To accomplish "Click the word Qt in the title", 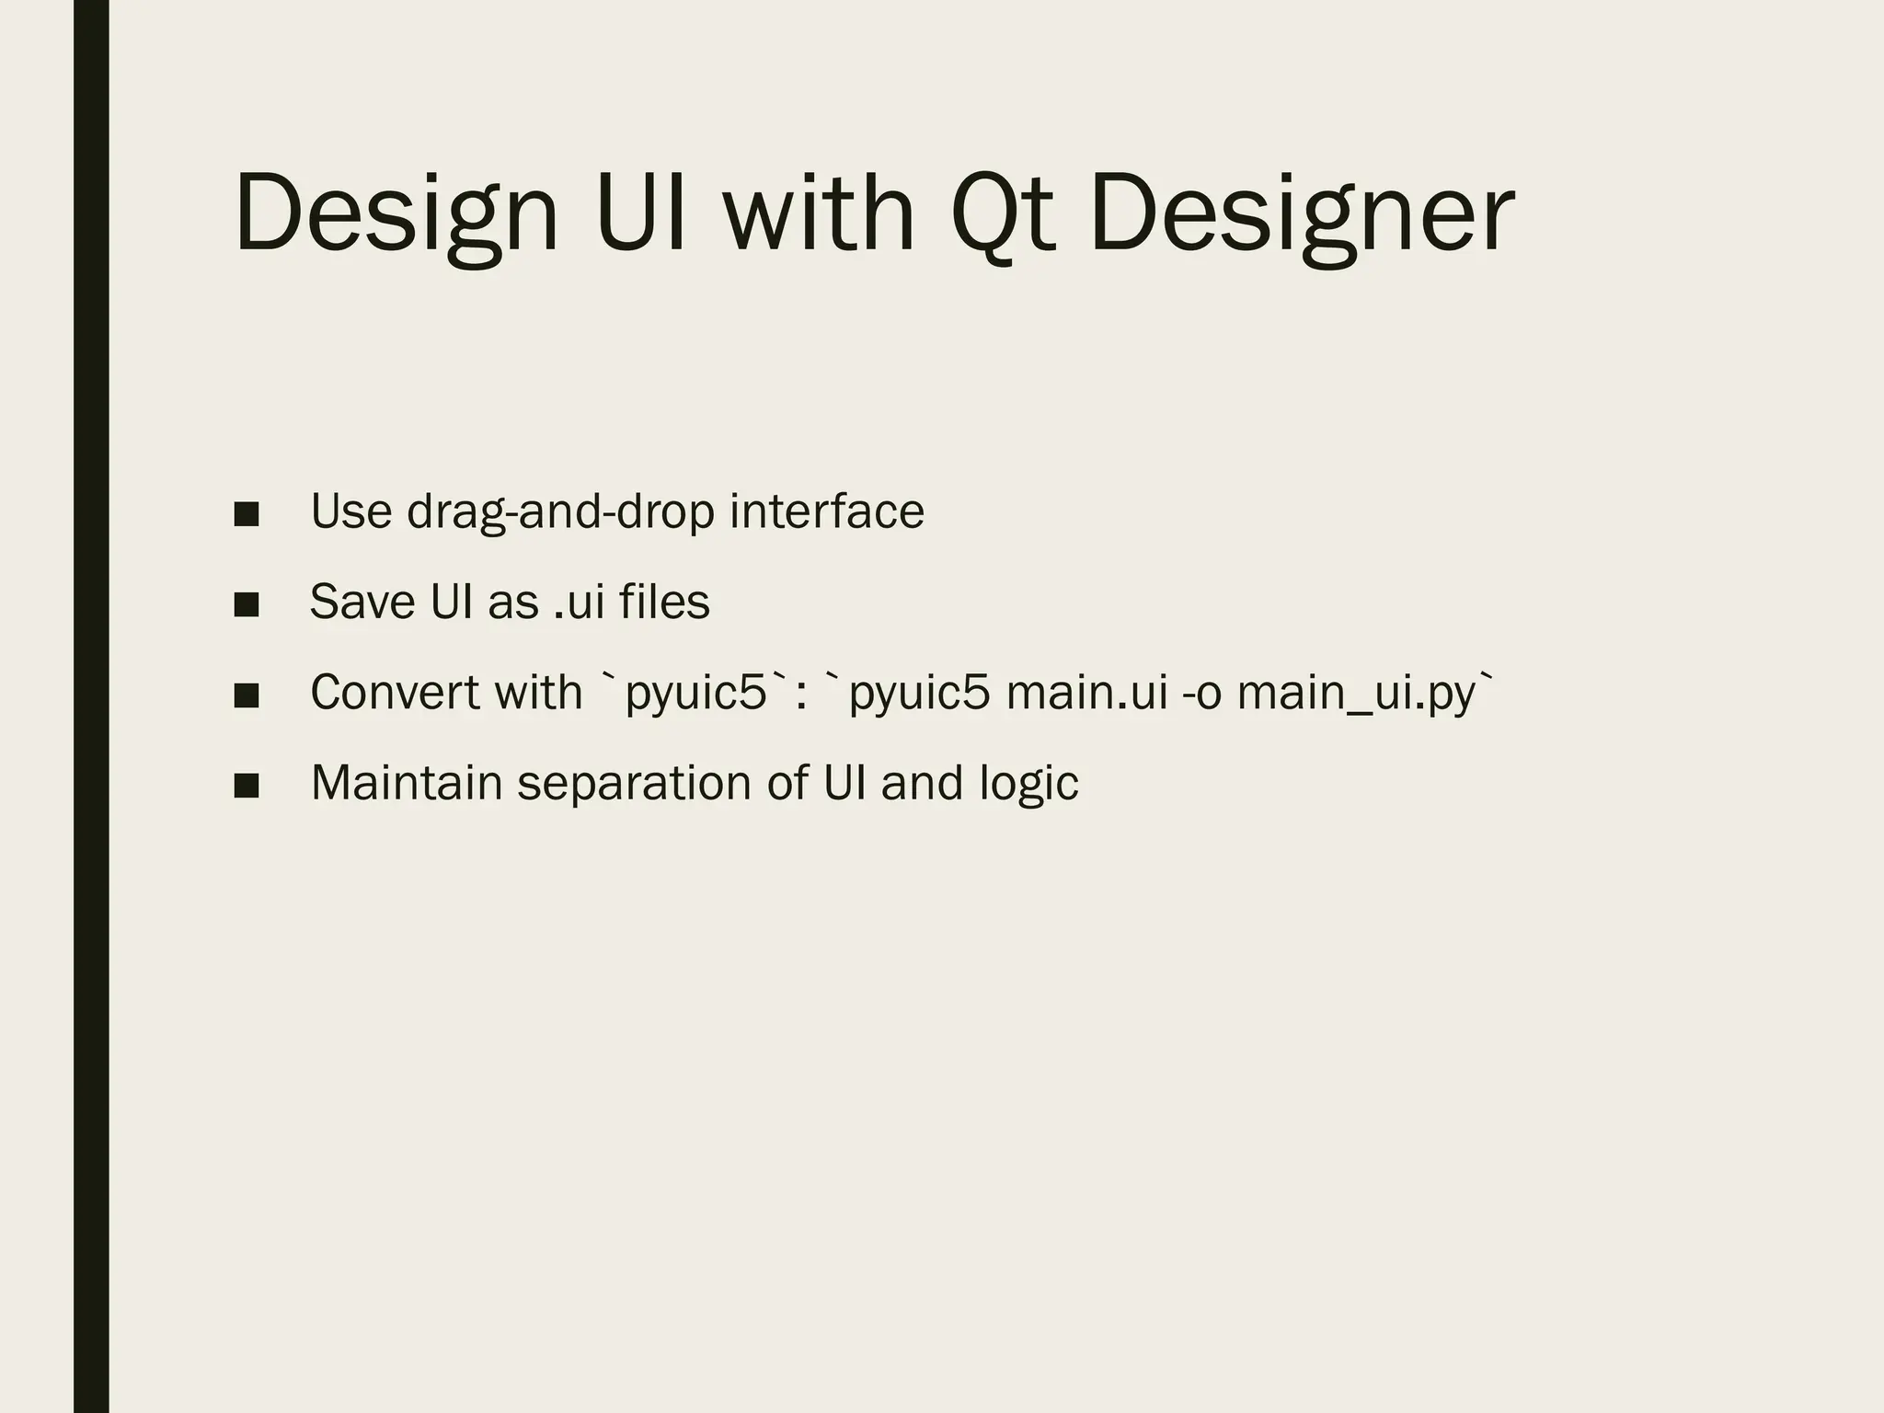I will pyautogui.click(x=1002, y=213).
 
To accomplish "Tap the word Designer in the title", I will pyautogui.click(x=1301, y=213).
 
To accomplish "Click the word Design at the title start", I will pyautogui.click(x=396, y=213).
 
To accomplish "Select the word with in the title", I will pyautogui.click(x=818, y=213).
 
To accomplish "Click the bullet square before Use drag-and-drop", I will pyautogui.click(x=246, y=513).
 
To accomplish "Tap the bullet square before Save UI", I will pyautogui.click(x=246, y=604).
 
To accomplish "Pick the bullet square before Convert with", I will pyautogui.click(x=246, y=695).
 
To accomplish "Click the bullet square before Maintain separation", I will pyautogui.click(x=246, y=785).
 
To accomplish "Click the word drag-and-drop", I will pyautogui.click(x=560, y=512).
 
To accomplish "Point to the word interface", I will pyautogui.click(x=827, y=511).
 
